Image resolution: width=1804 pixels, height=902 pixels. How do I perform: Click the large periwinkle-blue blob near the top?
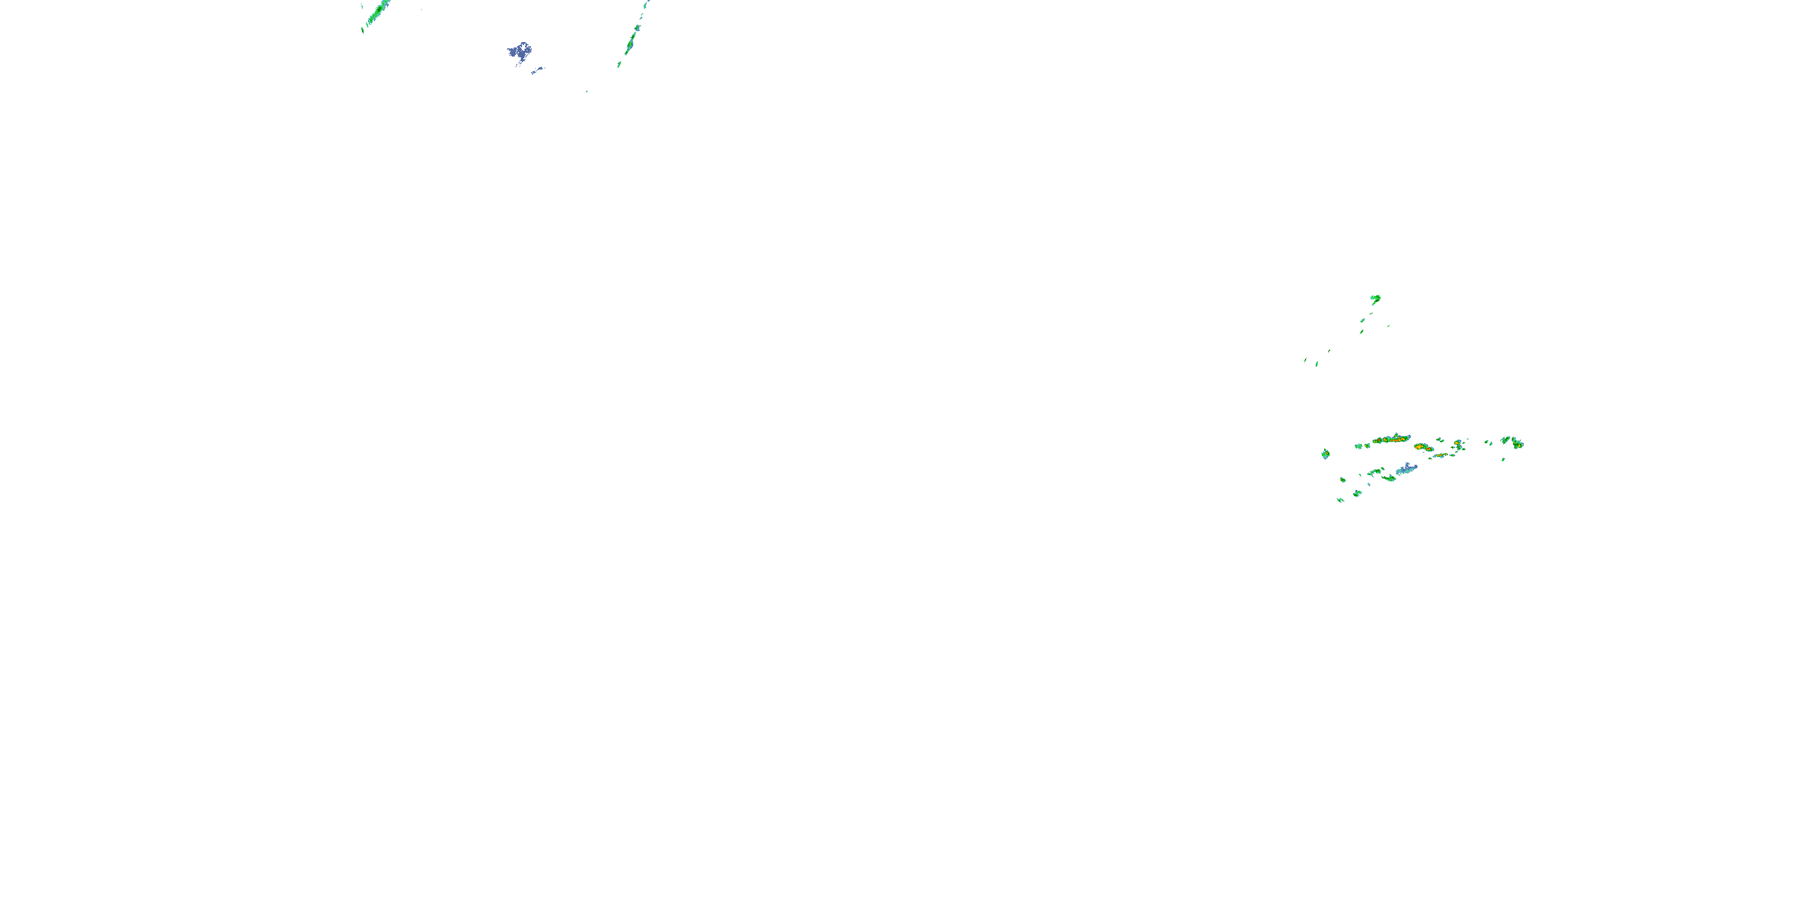pos(519,52)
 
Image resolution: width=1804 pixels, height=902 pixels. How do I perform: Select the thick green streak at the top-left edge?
pos(378,10)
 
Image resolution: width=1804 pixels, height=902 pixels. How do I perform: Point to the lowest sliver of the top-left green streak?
pos(362,30)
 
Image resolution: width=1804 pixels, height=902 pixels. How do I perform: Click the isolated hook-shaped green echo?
pos(1375,298)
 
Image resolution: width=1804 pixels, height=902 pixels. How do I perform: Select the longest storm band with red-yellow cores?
pos(1391,439)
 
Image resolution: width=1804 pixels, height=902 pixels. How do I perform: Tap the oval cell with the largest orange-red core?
pos(1421,446)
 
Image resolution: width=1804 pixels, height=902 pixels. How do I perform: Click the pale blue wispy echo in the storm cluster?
pos(1405,468)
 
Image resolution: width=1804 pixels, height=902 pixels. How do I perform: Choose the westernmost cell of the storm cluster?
pos(1325,454)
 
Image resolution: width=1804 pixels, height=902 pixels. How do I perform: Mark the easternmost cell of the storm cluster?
pos(1517,443)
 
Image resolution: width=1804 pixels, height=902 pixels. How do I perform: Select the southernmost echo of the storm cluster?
pos(1340,500)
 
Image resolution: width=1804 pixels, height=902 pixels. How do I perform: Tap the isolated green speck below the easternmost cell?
pos(1503,459)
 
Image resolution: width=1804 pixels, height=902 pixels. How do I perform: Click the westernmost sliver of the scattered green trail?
pos(1305,361)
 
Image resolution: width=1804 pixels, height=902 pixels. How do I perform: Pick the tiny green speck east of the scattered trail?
pos(1388,326)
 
